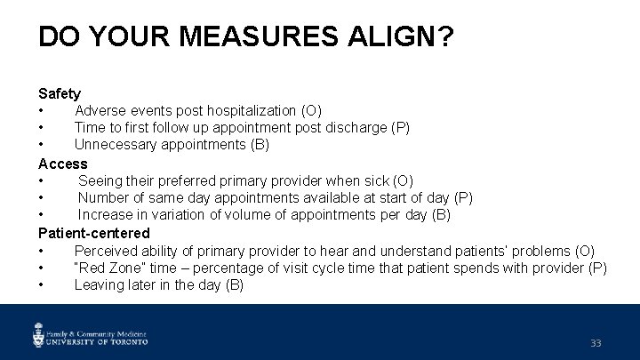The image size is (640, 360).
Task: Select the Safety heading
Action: click(x=60, y=93)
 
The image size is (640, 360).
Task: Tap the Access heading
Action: click(x=62, y=164)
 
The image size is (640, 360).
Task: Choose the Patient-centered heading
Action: click(x=94, y=233)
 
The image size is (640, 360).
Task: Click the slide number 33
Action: click(x=596, y=343)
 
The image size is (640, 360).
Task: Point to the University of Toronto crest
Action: click(x=39, y=334)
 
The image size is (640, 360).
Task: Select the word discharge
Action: click(x=356, y=128)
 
